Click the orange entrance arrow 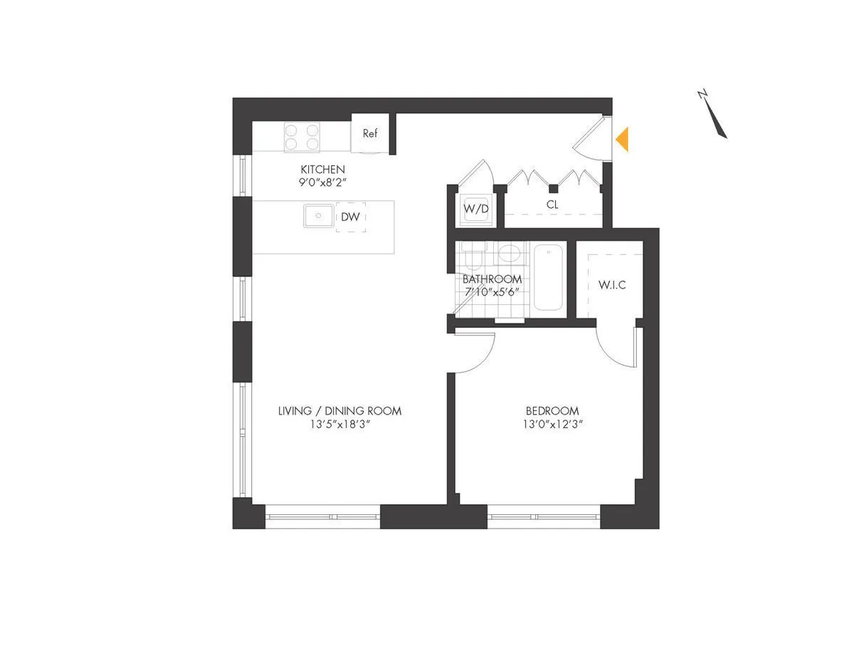(x=623, y=139)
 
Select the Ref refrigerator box (x=370, y=133)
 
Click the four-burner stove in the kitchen (x=302, y=136)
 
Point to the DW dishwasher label (x=350, y=217)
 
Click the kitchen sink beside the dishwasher (x=318, y=215)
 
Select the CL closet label (x=552, y=204)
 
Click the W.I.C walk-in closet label (x=612, y=286)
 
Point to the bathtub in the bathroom (x=549, y=278)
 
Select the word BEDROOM (x=552, y=411)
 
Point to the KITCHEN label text (x=322, y=170)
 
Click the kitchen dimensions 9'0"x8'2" (x=322, y=182)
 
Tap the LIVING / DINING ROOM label (x=339, y=411)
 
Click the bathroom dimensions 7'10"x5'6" (x=492, y=292)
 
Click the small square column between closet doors (x=553, y=189)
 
